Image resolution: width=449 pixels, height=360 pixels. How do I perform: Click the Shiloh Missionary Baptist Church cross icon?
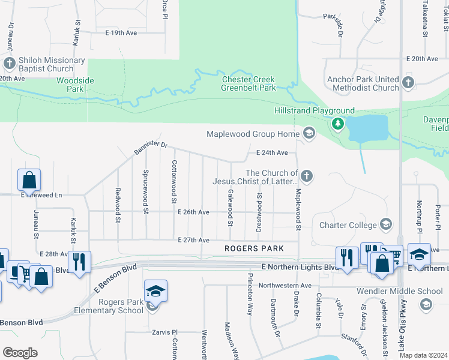pos(9,63)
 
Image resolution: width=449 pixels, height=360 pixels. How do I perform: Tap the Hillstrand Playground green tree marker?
pos(337,124)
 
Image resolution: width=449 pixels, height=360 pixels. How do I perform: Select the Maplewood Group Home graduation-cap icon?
pos(309,133)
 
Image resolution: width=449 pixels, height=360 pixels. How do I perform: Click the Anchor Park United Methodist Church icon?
pos(408,82)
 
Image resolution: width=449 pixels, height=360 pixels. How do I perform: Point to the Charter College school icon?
pos(386,225)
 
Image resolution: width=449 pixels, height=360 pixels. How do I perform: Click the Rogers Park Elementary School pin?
pos(155,293)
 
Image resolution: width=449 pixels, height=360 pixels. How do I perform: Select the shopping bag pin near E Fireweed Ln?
pos(29,179)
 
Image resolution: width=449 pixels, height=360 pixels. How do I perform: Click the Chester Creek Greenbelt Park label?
pos(249,83)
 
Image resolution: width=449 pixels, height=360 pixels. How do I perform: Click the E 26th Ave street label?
pos(193,212)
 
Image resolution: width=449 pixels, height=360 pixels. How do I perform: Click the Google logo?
pos(20,353)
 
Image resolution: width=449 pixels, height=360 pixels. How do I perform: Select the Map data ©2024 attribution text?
pos(423,355)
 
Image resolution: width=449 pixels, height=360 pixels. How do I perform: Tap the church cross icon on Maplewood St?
pos(306,176)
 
